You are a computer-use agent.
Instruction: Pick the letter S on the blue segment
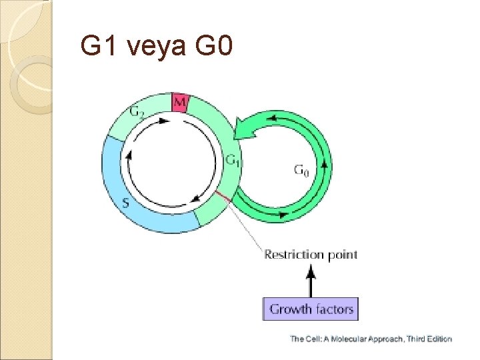[x=125, y=203]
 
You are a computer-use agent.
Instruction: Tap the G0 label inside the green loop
[x=301, y=171]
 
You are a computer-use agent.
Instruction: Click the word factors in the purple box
[x=333, y=309]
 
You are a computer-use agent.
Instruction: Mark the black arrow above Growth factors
[x=310, y=280]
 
